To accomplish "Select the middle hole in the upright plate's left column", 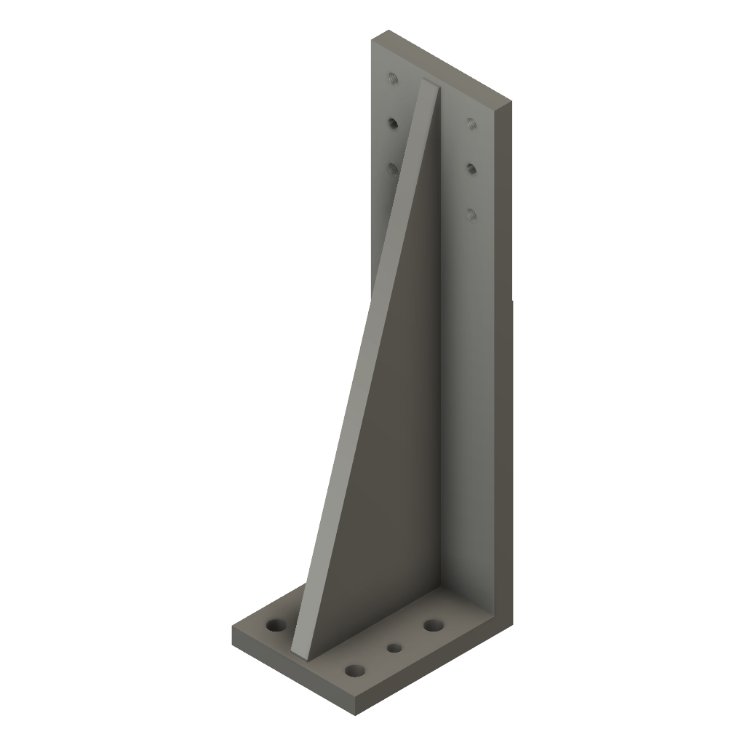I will pyautogui.click(x=393, y=124).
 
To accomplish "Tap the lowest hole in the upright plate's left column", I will pyautogui.click(x=393, y=169).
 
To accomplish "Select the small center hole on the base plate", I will pyautogui.click(x=395, y=647).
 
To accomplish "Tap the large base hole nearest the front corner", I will pyautogui.click(x=355, y=670).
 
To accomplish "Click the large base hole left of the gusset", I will pyautogui.click(x=276, y=625).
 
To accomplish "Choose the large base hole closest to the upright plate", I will pyautogui.click(x=434, y=625).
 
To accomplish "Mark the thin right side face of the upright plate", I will pyautogui.click(x=503, y=364).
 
